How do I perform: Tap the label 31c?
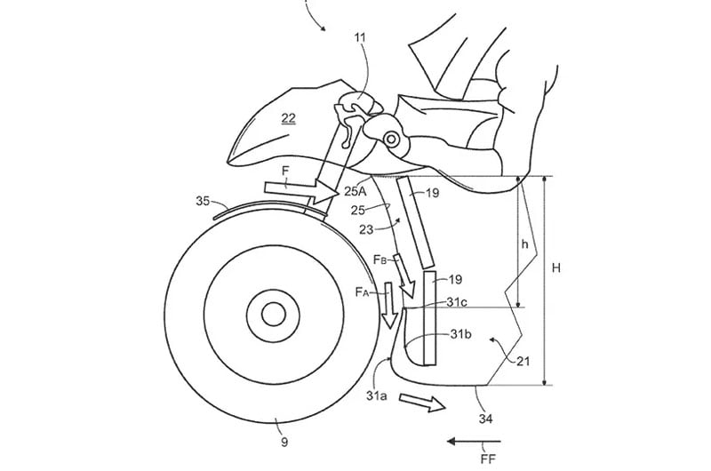[457, 301]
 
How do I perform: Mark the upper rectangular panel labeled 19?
[416, 221]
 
